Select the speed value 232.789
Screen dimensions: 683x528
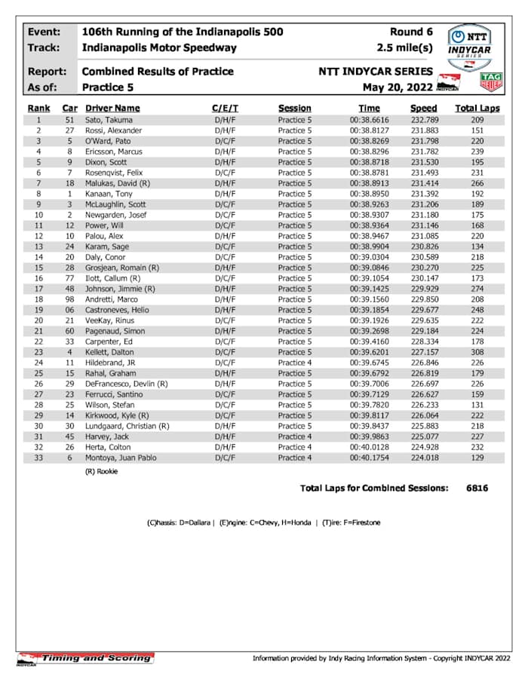coord(425,120)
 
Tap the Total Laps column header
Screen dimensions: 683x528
coord(477,108)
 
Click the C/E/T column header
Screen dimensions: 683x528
coord(226,108)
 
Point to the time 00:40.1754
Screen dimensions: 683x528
coord(369,458)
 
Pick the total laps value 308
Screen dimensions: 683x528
coord(477,352)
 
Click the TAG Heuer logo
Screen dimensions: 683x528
coord(491,82)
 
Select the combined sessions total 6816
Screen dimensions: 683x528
coord(477,488)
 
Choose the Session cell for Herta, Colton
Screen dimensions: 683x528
coord(293,447)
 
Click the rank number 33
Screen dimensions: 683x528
coord(38,458)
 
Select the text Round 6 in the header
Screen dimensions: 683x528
coord(411,32)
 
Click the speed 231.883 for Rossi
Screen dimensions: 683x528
coord(425,130)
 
